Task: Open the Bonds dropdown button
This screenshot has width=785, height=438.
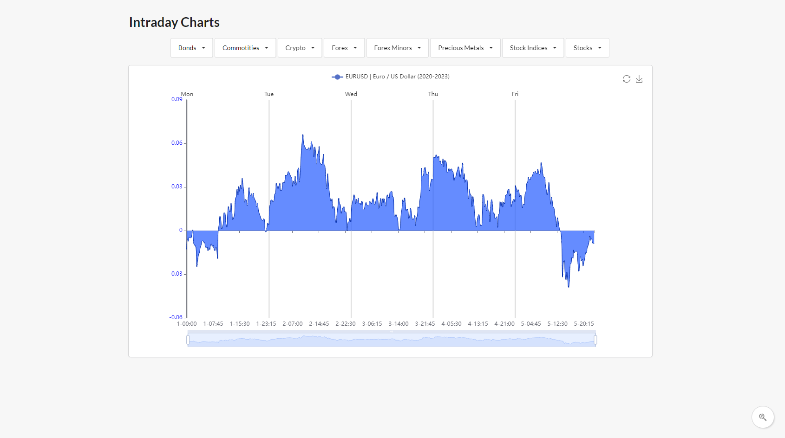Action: click(191, 48)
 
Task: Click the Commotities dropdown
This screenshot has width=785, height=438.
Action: click(245, 48)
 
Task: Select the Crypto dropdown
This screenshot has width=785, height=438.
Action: click(300, 48)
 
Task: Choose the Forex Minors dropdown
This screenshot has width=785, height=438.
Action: click(397, 48)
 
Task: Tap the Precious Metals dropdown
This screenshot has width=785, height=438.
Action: click(465, 48)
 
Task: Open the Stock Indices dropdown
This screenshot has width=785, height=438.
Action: click(533, 48)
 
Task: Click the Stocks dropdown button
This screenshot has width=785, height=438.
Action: click(587, 48)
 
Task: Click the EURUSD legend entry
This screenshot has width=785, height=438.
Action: click(391, 77)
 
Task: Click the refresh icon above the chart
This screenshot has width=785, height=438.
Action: click(627, 79)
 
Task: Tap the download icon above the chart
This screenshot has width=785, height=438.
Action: click(639, 79)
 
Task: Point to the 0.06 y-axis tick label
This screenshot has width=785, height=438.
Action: click(177, 143)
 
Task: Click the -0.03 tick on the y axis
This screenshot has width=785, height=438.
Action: click(176, 274)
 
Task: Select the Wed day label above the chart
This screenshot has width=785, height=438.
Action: click(351, 94)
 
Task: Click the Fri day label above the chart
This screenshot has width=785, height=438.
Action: click(515, 94)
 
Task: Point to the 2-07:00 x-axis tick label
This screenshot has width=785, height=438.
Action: click(293, 324)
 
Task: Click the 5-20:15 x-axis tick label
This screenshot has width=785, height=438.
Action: click(584, 324)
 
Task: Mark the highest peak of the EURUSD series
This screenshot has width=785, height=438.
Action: click(303, 135)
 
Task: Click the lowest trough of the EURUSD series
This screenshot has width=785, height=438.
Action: click(569, 287)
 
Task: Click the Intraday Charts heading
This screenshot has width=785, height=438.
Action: click(174, 22)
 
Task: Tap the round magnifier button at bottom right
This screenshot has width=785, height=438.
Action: click(763, 417)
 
